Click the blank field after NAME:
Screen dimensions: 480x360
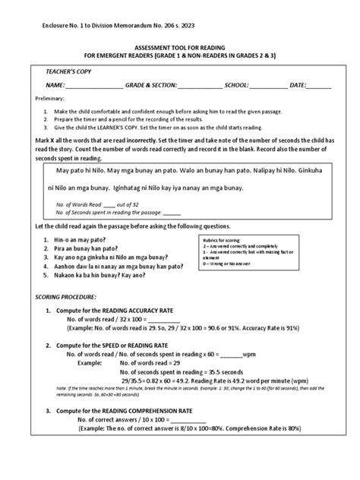95,84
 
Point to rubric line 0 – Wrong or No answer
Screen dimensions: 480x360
229,267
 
